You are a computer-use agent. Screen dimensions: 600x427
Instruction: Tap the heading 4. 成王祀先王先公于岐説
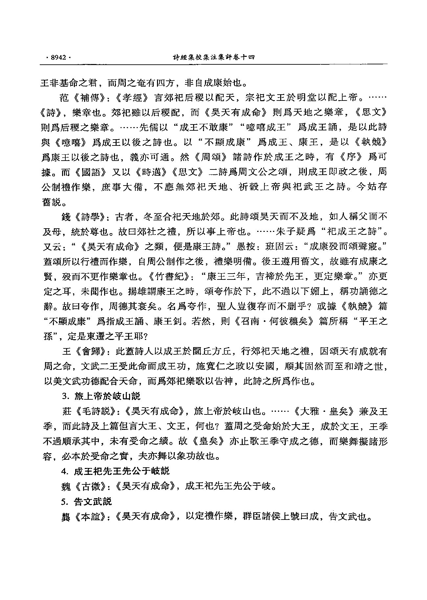tap(115, 471)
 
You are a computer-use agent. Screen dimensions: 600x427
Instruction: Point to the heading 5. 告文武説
tap(87, 501)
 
